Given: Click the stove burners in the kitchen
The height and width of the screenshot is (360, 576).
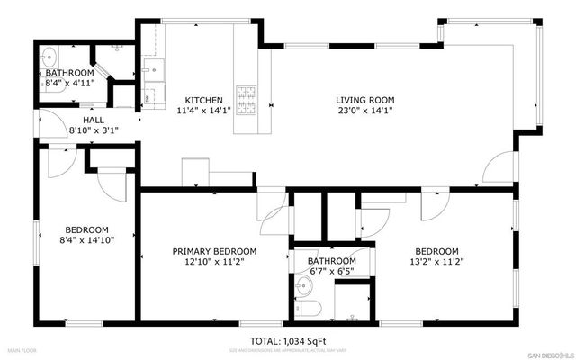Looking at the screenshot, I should point(246,95).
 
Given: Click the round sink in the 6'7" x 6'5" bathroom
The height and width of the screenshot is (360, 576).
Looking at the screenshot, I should point(304,287).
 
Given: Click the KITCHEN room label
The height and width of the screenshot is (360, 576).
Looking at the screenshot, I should point(204,100).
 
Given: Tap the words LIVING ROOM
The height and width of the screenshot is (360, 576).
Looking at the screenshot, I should point(365,100).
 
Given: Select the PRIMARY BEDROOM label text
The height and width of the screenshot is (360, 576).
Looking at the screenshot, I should point(215,251).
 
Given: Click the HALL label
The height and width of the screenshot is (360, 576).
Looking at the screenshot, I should point(94,119).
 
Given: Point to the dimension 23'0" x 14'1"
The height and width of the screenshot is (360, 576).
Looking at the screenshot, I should point(365,112).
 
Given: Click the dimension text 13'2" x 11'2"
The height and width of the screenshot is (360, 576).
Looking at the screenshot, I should point(436,263).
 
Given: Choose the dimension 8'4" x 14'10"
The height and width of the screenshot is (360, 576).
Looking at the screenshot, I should point(86,240).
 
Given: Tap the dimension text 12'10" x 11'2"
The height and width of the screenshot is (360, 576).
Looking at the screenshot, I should point(215,263).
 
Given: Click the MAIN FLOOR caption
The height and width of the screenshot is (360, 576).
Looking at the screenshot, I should point(24,349).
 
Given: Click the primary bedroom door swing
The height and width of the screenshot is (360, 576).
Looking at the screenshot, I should point(273,208).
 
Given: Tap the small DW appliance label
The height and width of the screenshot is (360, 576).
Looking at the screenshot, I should point(145,99).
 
